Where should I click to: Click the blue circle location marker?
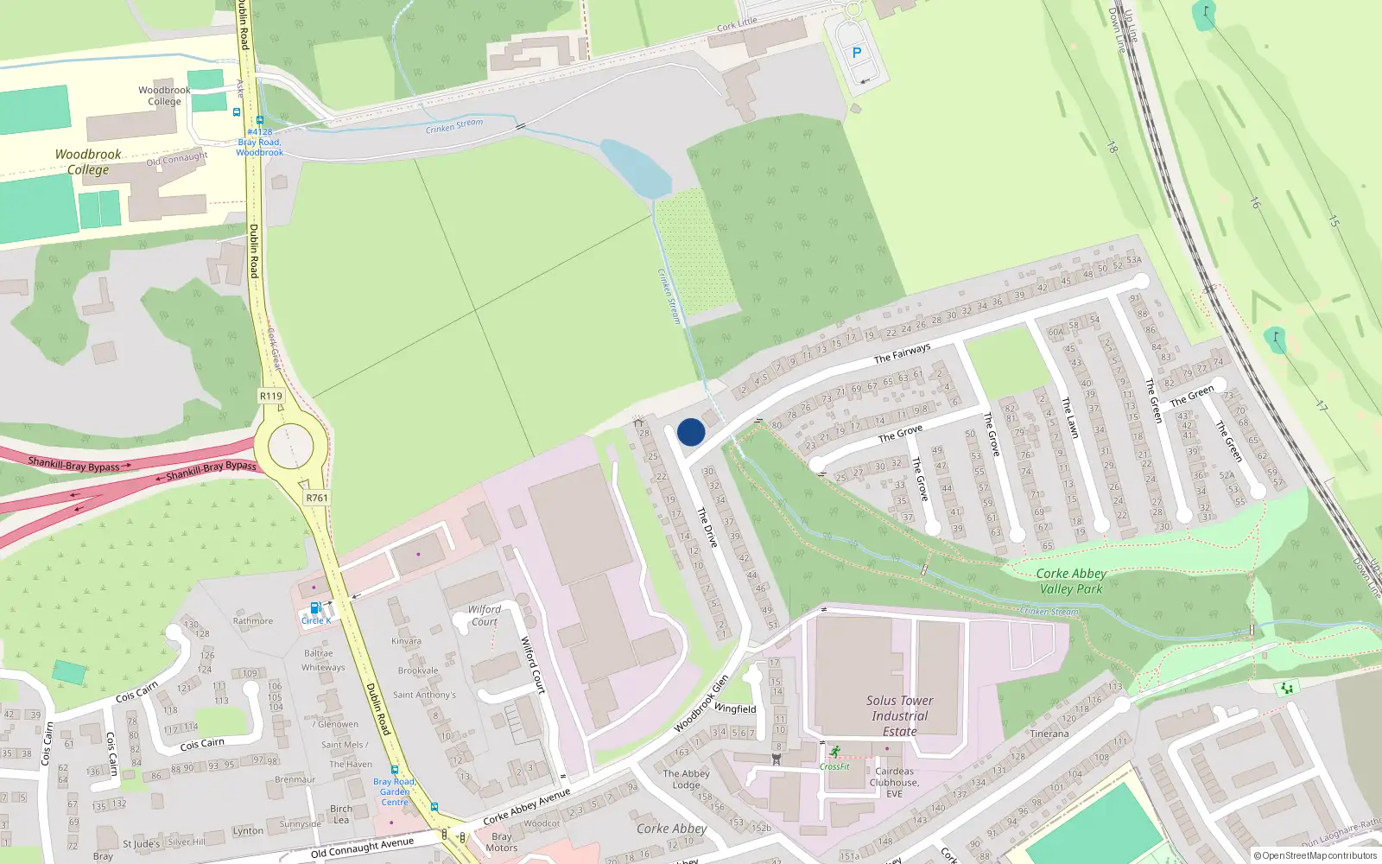[691, 432]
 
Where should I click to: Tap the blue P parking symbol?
[857, 53]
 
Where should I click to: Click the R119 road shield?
[271, 396]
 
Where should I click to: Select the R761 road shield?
[317, 498]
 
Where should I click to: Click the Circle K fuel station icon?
[316, 607]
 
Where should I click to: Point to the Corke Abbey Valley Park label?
[1071, 581]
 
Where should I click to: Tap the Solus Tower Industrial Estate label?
[900, 715]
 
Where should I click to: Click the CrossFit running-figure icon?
[834, 752]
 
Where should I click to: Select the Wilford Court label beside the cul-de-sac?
[485, 615]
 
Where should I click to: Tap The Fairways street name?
[902, 353]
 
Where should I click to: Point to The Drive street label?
[707, 527]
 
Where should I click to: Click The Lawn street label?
[1070, 416]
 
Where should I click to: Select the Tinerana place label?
[1049, 734]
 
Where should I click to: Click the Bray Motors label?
[501, 842]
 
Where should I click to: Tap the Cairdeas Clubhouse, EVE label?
[895, 782]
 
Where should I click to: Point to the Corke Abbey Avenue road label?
[527, 805]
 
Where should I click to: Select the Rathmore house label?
[252, 620]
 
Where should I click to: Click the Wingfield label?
[735, 708]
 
